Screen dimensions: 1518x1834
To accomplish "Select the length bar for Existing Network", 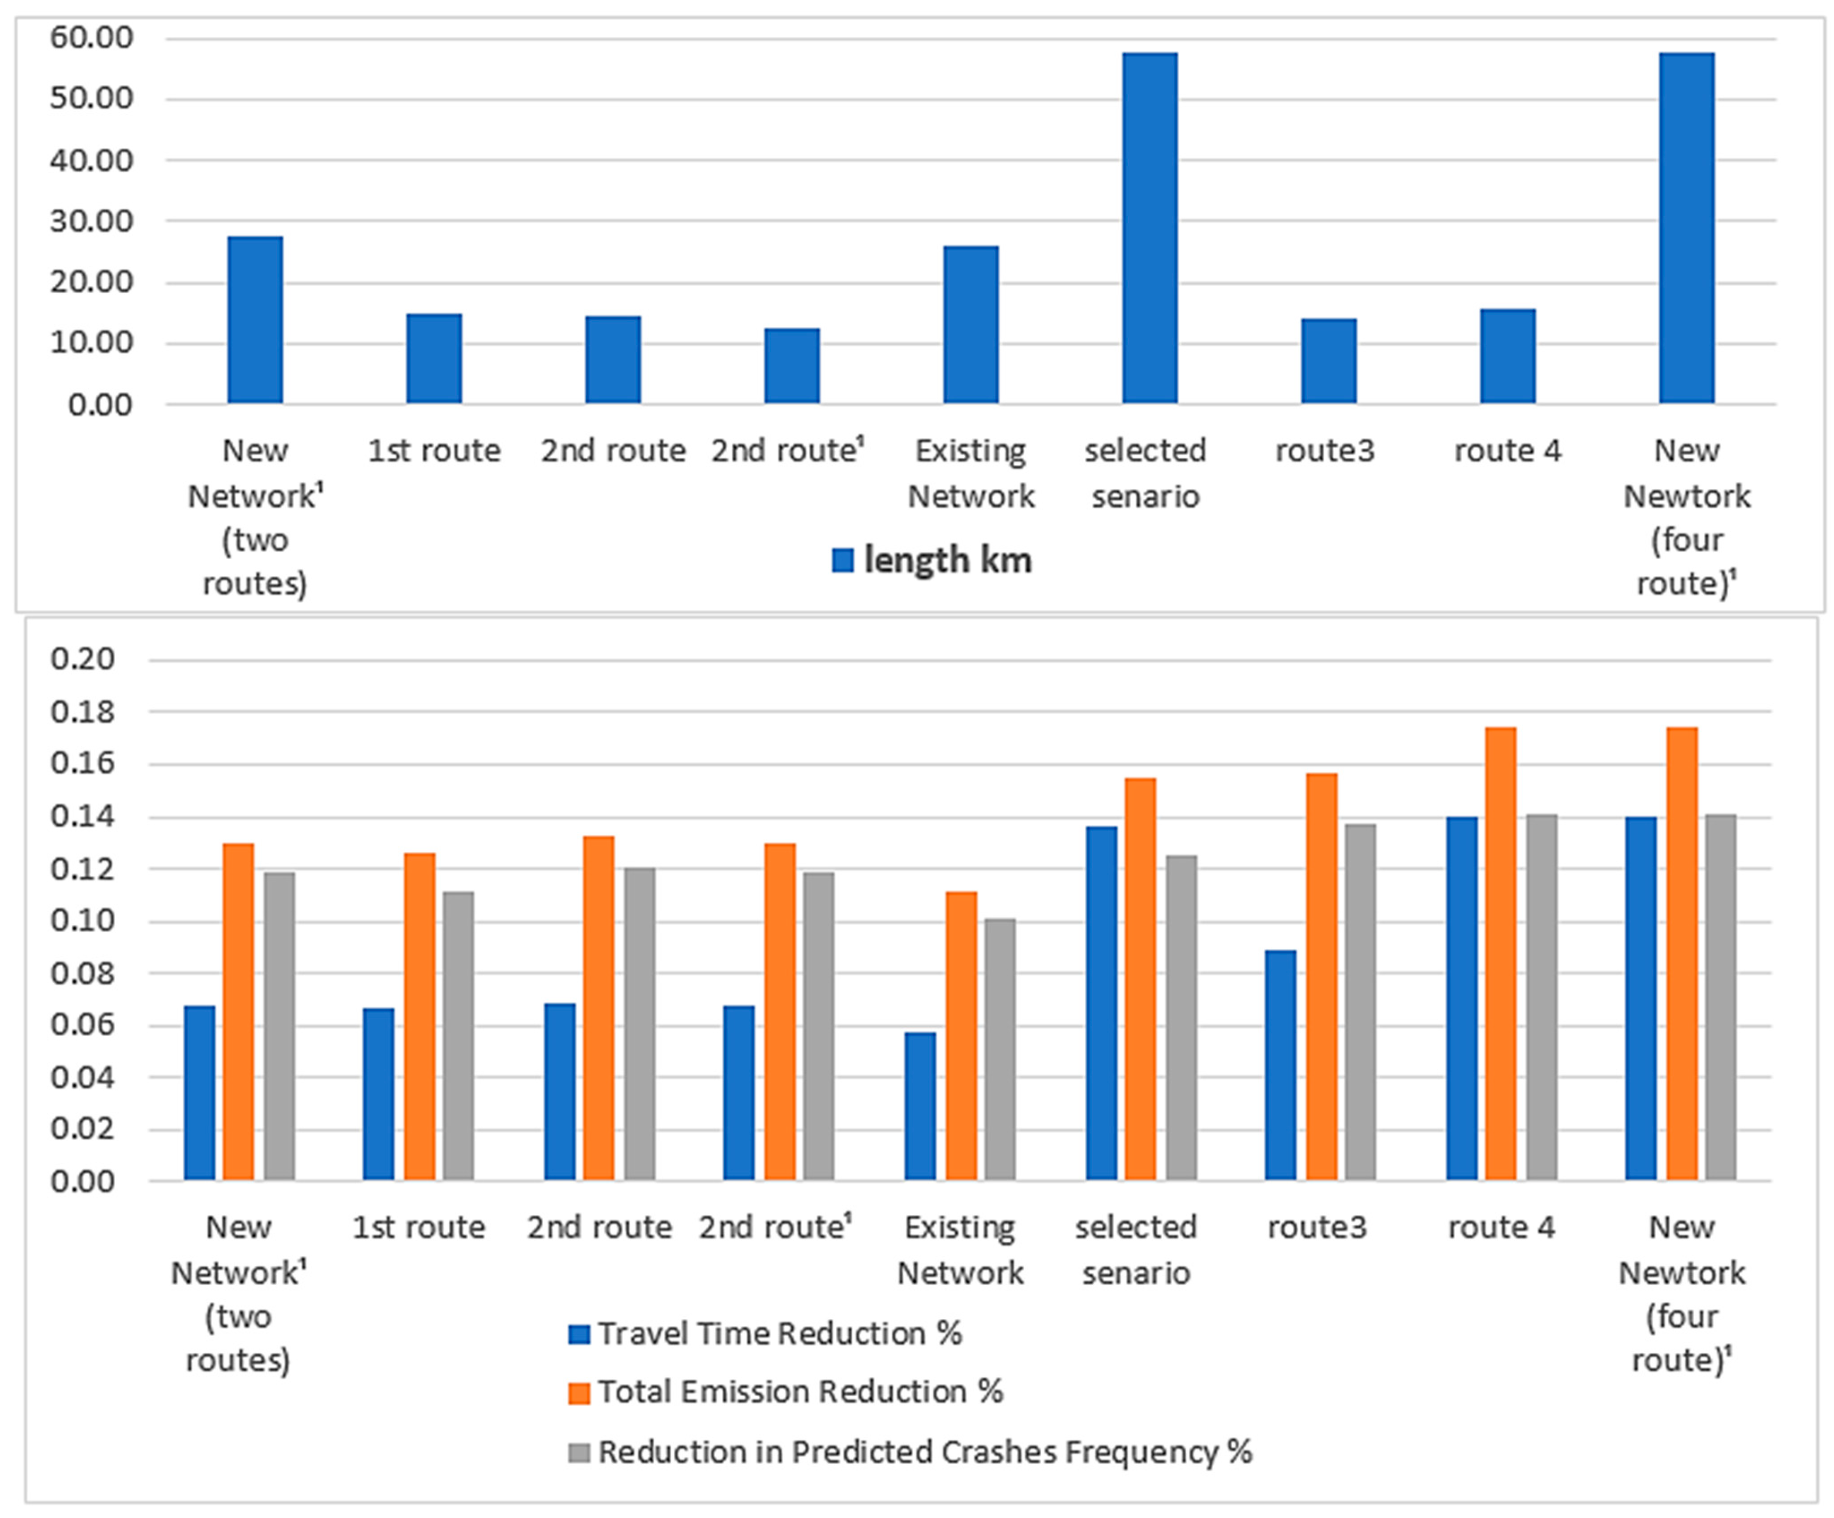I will [x=970, y=325].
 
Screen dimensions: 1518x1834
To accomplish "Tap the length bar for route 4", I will [x=1508, y=356].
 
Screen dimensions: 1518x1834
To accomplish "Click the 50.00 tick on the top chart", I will [x=91, y=98].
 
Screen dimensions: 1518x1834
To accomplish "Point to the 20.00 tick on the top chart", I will [x=91, y=282].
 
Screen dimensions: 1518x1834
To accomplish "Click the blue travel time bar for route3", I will [x=1280, y=1066].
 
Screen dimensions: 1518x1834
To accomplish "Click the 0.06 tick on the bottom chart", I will [x=82, y=1025].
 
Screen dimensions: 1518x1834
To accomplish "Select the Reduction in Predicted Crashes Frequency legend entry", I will [x=924, y=1452].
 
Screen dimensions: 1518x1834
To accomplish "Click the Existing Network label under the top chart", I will [x=970, y=473].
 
